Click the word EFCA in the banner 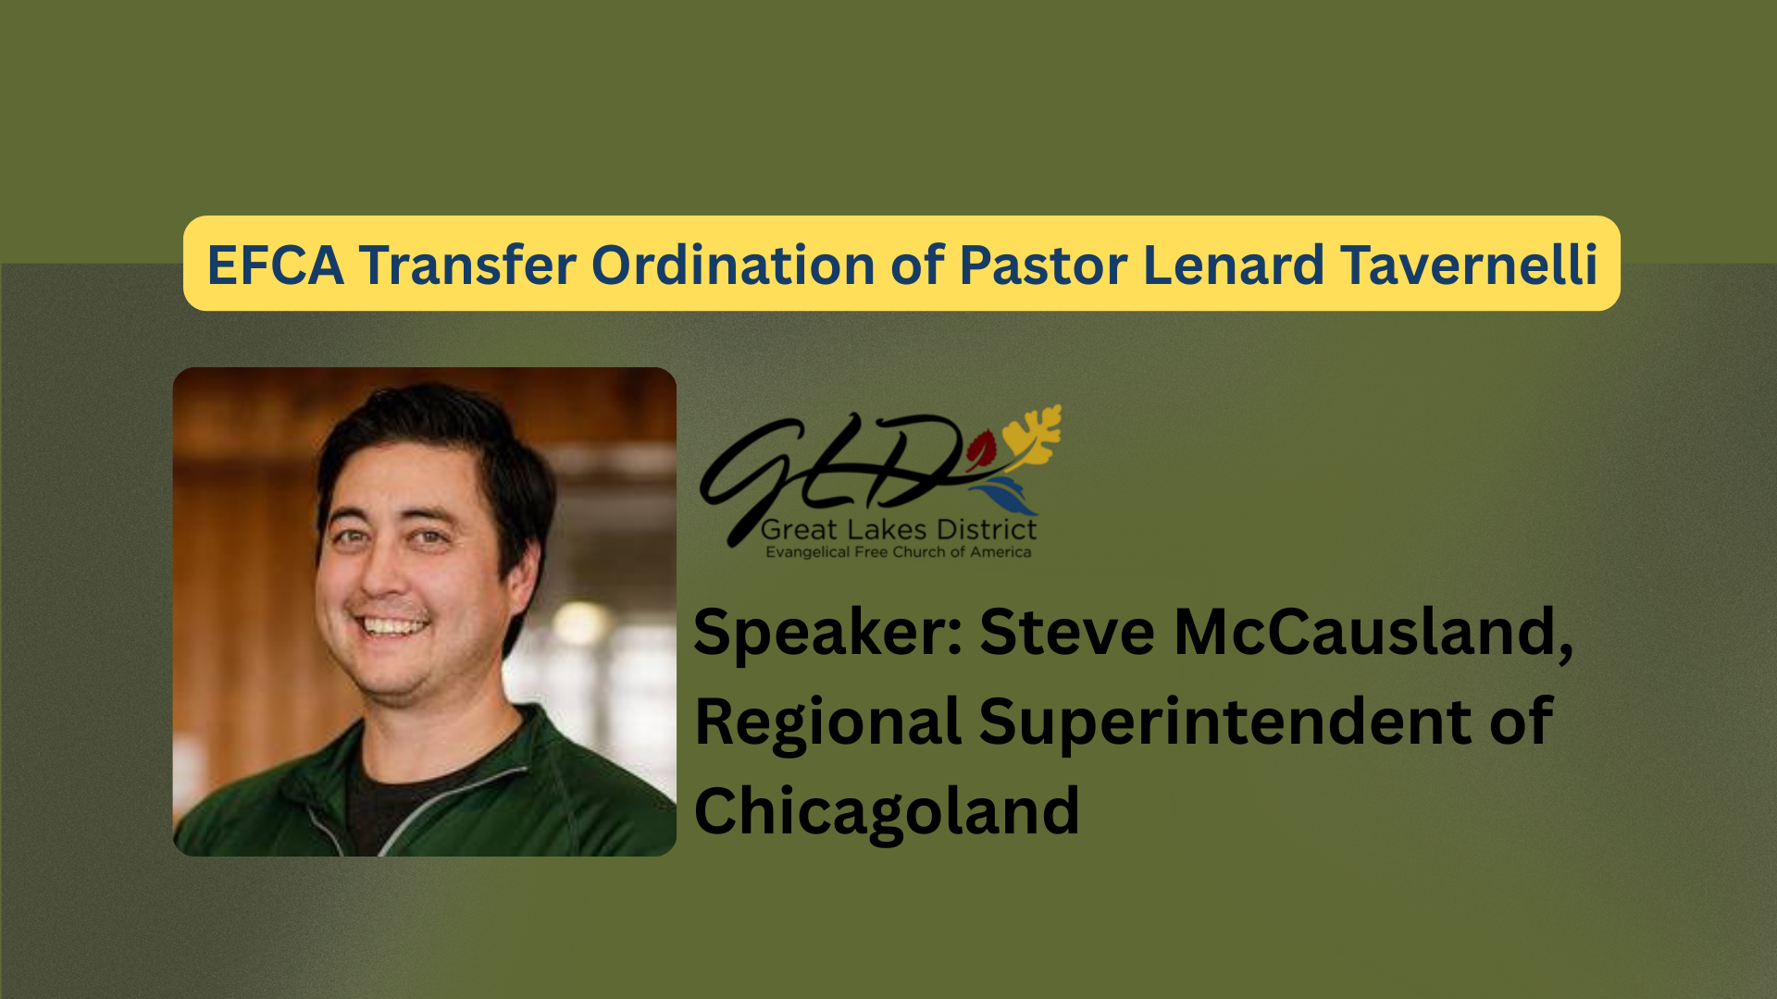[x=276, y=265]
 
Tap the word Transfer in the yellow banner [x=467, y=265]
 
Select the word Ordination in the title [x=733, y=265]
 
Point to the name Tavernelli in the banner [x=1469, y=265]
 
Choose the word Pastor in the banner [x=1043, y=265]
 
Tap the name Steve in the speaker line [x=1067, y=633]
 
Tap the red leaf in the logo [x=981, y=450]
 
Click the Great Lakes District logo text [x=899, y=530]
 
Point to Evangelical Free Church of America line [x=899, y=552]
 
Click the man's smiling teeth [x=393, y=626]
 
